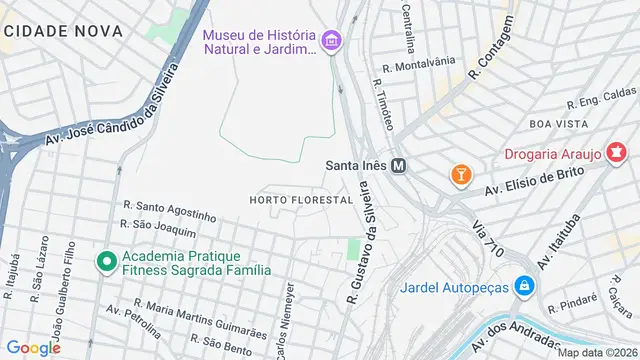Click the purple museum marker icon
tap(331, 41)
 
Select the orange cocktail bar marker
tap(460, 173)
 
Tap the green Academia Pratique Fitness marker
tap(105, 261)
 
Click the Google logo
tap(33, 347)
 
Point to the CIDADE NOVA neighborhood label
tap(62, 31)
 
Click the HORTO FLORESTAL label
tap(301, 200)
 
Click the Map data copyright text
tap(598, 352)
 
